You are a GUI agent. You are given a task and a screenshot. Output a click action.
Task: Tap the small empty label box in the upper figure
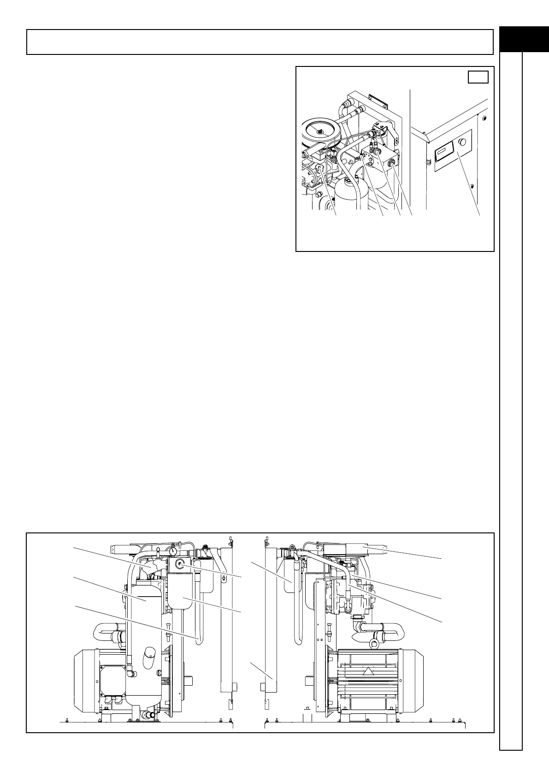[x=478, y=77]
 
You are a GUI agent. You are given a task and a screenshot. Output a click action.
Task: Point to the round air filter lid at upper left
[x=318, y=131]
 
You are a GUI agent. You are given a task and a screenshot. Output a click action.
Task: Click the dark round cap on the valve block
[x=377, y=152]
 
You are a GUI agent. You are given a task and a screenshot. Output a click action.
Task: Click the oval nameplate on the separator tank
[x=149, y=656]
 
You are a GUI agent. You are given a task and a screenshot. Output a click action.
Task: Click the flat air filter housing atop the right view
[x=345, y=548]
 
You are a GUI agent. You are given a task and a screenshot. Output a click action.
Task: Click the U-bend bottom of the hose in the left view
[x=199, y=640]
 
